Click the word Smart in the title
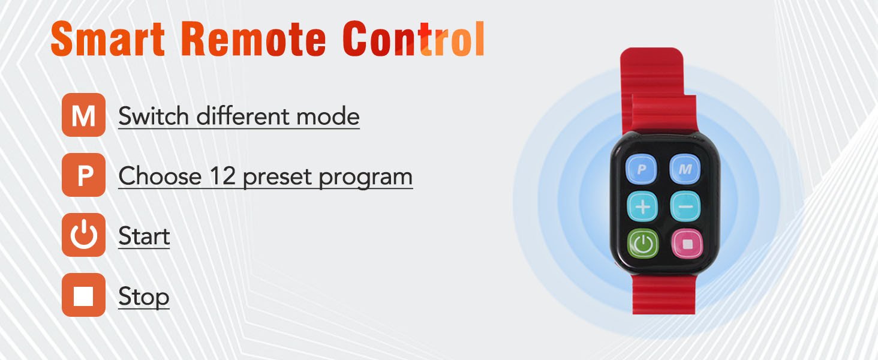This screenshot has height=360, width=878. (x=108, y=38)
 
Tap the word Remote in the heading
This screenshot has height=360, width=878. (x=254, y=38)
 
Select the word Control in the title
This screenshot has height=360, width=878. (x=414, y=38)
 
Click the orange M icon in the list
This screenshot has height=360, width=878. (x=83, y=115)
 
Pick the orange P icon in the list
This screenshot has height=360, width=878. (x=83, y=175)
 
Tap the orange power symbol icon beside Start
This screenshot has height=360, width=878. (x=83, y=235)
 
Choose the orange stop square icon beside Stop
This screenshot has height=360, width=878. (x=83, y=295)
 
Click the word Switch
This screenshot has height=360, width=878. (x=154, y=116)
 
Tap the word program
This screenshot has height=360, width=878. (x=365, y=178)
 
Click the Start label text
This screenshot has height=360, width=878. (x=144, y=236)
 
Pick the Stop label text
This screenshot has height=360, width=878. (x=144, y=297)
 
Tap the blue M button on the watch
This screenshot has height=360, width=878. (x=685, y=169)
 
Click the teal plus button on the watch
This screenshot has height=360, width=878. (x=642, y=206)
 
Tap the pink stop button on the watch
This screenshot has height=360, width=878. (x=687, y=244)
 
